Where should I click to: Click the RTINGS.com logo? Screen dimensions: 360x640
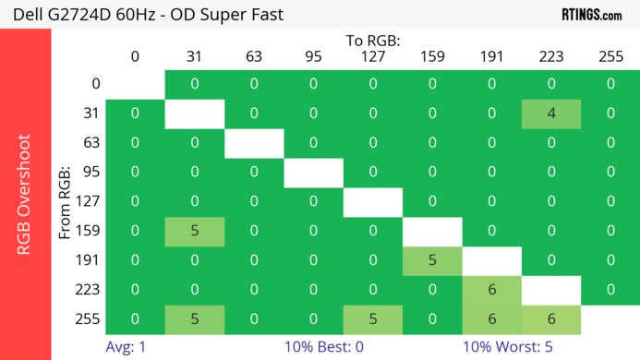[x=592, y=14]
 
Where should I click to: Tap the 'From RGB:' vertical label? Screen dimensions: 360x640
[x=66, y=203]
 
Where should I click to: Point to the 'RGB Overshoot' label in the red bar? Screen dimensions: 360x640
[x=25, y=194]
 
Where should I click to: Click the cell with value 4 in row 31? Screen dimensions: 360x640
[x=550, y=114]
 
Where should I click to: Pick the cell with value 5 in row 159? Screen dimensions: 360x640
[x=195, y=231]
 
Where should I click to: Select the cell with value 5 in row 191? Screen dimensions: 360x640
[x=431, y=259]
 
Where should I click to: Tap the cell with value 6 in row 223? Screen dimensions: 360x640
[x=491, y=289]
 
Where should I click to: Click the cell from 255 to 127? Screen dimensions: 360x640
[x=372, y=318]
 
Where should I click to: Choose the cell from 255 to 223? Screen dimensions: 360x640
[x=550, y=318]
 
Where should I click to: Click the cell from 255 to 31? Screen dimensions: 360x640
[x=195, y=318]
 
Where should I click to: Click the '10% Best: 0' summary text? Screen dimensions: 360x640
[x=324, y=349]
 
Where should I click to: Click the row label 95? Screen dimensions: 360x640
[x=91, y=173]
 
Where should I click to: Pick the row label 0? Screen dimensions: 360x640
[x=95, y=85]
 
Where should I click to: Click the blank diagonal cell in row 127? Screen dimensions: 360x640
[x=372, y=201]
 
